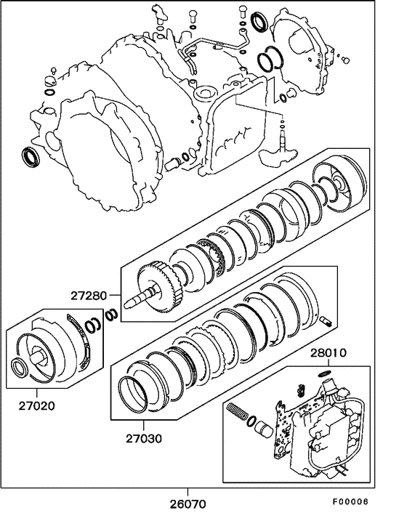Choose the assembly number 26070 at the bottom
188,502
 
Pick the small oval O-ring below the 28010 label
325,374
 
